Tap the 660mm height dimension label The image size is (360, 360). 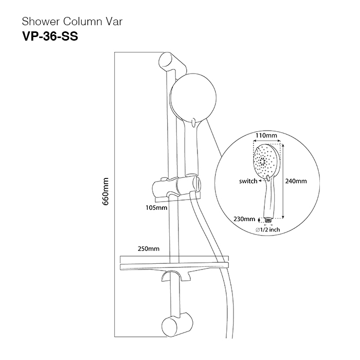pos(106,191)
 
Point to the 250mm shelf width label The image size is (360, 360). pos(148,248)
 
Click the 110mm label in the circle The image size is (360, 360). pos(266,136)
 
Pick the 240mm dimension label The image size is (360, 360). pos(296,181)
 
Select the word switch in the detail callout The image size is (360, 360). pos(248,181)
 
